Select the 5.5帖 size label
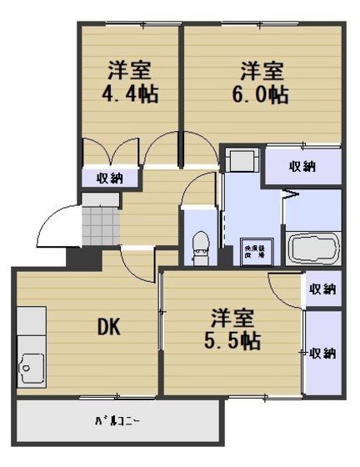point(232,340)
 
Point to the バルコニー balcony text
point(117,421)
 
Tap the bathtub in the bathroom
point(313,248)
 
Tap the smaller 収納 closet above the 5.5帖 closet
point(322,289)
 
